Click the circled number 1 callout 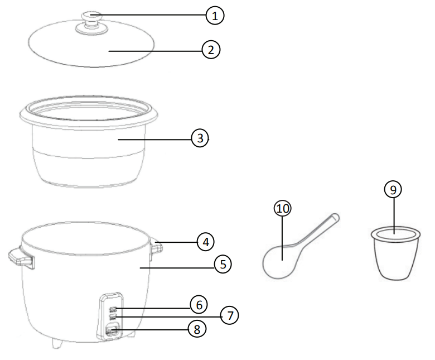(x=215, y=15)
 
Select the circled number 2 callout (x=211, y=50)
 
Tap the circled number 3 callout (x=200, y=138)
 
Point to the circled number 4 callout (x=206, y=242)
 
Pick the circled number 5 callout (x=223, y=265)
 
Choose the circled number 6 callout (x=198, y=304)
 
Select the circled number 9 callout (x=393, y=190)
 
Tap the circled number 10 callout (x=283, y=208)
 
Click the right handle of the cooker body (x=156, y=246)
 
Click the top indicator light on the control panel (x=113, y=309)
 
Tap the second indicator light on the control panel (x=113, y=317)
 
